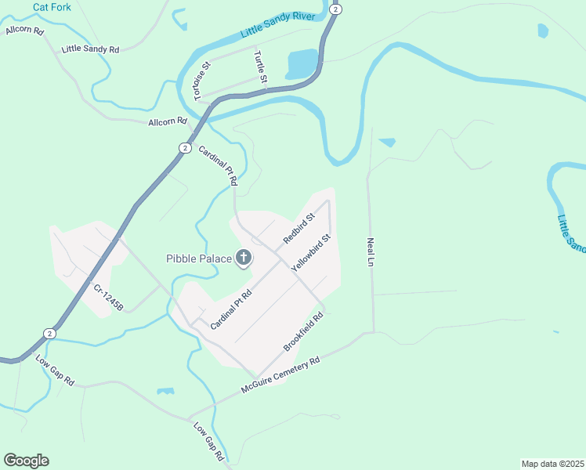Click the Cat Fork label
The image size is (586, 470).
pos(52,7)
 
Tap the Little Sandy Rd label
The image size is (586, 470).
pos(90,49)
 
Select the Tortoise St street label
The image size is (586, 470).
pos(197,81)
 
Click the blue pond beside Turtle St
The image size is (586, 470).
pos(302,63)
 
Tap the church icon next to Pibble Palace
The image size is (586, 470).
pos(244,257)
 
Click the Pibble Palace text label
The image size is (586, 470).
pos(199,258)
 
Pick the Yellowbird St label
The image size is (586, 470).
pos(312,252)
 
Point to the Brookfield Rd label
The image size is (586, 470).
pos(305,332)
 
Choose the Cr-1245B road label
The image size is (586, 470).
pos(109,298)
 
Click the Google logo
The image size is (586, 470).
pos(26,461)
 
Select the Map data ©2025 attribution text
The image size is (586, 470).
pos(552,464)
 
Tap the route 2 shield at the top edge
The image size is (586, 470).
pos(335,9)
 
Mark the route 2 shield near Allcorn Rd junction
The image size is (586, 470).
pos(184,147)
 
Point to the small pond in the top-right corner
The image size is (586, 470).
pos(543,31)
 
